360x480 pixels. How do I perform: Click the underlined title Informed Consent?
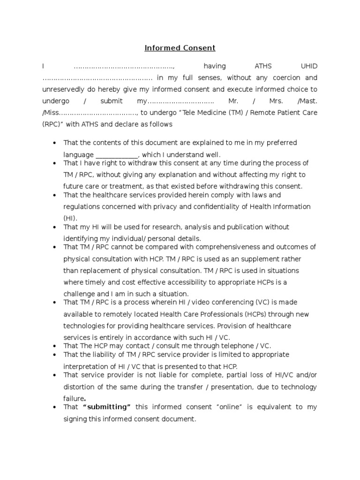point(180,48)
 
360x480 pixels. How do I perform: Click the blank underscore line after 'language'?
point(117,154)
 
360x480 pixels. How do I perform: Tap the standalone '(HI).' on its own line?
point(73,218)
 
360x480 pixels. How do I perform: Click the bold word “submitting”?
point(107,407)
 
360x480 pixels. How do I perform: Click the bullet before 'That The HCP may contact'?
point(55,346)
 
